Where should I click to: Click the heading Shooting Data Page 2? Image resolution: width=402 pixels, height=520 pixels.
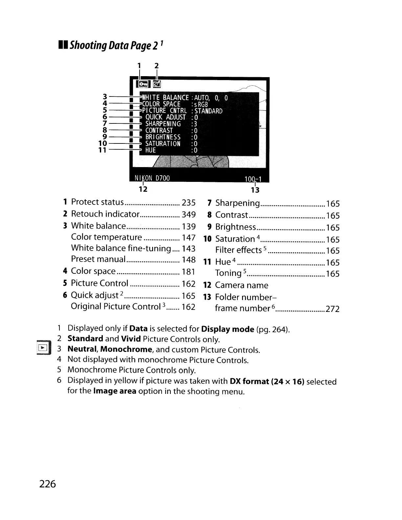(112, 45)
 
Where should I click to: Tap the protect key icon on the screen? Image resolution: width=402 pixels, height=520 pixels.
(143, 84)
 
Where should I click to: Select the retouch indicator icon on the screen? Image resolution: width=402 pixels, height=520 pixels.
(156, 84)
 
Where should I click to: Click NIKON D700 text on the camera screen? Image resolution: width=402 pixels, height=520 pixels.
(152, 178)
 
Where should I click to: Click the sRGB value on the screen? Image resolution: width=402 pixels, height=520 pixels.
(201, 104)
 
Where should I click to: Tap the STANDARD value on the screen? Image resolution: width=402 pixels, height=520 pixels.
(209, 111)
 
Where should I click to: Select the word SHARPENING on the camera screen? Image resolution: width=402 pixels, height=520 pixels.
(163, 124)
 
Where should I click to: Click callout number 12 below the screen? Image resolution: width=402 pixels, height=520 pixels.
(143, 189)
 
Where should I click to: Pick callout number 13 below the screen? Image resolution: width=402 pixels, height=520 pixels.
(255, 190)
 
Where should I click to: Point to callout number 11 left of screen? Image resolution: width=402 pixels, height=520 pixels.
(103, 150)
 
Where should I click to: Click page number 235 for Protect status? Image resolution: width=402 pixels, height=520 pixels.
(189, 202)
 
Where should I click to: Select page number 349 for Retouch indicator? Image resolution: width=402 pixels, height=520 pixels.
(189, 214)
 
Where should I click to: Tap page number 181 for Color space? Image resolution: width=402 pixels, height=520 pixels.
(189, 271)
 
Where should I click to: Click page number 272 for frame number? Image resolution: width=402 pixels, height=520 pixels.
(332, 309)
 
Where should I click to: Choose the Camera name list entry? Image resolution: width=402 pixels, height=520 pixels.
(241, 285)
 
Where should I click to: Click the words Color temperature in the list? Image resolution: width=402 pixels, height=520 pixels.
(106, 237)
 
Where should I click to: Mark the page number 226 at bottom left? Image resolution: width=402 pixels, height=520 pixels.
(48, 484)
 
